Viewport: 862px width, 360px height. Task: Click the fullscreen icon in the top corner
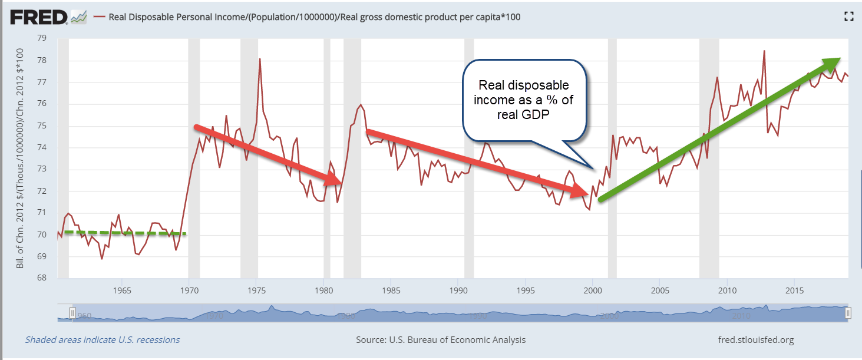848,16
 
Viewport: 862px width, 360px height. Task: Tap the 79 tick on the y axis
42,38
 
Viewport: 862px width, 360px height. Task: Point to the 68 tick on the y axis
42,278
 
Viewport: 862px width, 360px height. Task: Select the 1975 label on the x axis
257,290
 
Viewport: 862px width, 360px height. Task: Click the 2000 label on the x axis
593,290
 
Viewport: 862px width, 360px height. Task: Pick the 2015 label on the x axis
794,290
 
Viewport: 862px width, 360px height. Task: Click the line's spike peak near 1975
259,59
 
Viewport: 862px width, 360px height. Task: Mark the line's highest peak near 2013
764,51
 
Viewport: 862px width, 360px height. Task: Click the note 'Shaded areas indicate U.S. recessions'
103,339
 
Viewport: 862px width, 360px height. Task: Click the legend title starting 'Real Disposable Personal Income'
315,17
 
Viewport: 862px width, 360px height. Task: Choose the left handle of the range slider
73,312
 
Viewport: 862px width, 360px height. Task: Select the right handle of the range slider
848,312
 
